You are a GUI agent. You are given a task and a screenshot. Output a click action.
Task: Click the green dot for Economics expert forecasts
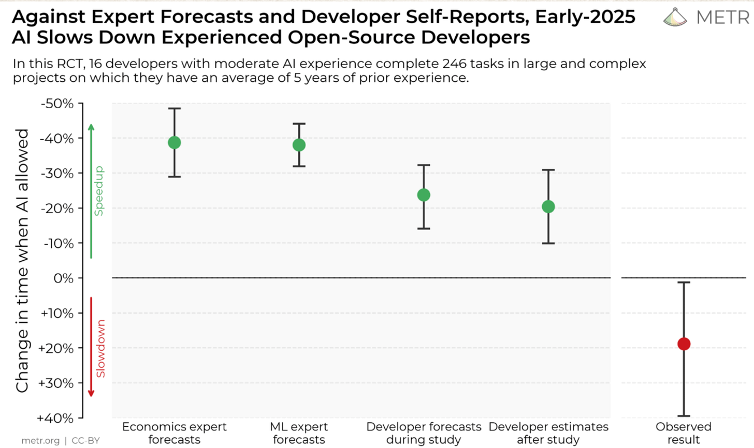[175, 143]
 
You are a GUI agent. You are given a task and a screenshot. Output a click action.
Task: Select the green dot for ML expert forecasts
[299, 145]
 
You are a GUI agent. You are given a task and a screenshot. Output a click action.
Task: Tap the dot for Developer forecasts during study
[424, 195]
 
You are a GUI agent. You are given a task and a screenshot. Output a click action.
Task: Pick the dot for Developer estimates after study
[548, 206]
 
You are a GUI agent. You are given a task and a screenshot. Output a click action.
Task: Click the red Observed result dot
[684, 344]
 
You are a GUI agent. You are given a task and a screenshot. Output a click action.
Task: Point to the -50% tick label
[57, 103]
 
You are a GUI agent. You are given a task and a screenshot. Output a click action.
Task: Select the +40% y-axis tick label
[55, 419]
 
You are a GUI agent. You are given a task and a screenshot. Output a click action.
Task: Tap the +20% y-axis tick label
[56, 348]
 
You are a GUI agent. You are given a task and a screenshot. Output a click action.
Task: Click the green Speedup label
[99, 191]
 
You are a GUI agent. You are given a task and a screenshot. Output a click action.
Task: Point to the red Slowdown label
[100, 349]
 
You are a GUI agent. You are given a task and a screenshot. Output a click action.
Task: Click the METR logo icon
[675, 17]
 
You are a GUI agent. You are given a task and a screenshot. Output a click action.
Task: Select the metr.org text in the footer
[40, 441]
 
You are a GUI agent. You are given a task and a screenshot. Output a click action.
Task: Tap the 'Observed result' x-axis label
[684, 433]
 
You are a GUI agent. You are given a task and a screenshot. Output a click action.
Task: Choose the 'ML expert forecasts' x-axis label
[299, 433]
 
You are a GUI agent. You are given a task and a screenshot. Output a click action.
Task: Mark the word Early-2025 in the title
[585, 17]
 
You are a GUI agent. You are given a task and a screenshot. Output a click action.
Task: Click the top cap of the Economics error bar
[175, 108]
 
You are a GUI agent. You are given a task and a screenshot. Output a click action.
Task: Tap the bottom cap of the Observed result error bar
[684, 416]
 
